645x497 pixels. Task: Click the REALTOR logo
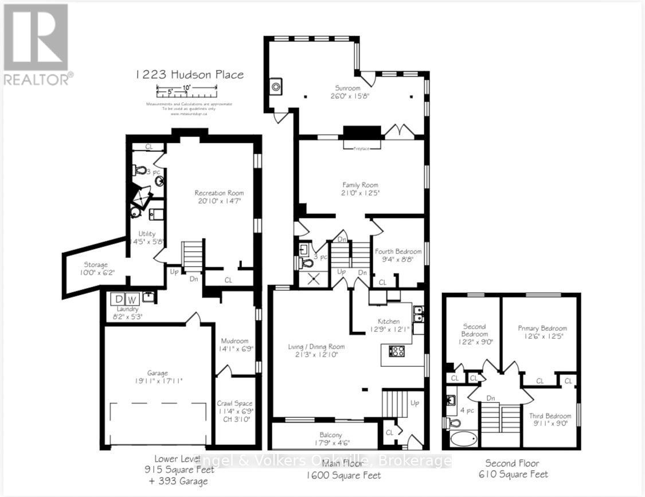pos(36,44)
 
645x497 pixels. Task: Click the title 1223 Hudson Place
pos(189,75)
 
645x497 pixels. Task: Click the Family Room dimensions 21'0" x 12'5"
pos(360,193)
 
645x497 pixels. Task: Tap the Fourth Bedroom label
pos(398,251)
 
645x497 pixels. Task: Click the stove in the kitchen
pos(397,351)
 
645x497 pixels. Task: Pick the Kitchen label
pos(388,321)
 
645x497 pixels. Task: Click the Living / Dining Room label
pos(316,346)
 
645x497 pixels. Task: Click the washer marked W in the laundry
pos(132,299)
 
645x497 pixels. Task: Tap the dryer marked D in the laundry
pos(119,299)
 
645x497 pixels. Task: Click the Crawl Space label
pos(235,403)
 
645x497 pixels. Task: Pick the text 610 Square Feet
pos(517,474)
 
